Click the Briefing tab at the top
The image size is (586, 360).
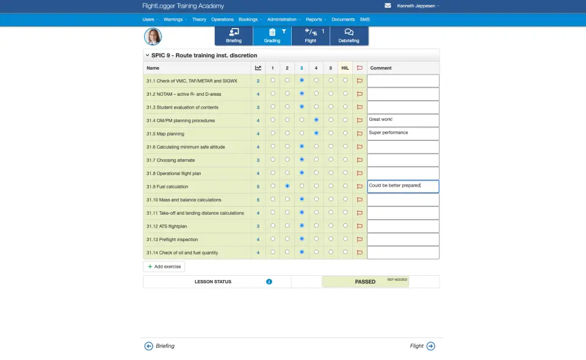[234, 35]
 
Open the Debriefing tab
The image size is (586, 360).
[349, 35]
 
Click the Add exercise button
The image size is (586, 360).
[164, 267]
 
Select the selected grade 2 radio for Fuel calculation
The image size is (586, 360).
[287, 186]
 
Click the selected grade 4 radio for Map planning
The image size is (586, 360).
[316, 133]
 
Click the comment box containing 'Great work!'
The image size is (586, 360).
[403, 120]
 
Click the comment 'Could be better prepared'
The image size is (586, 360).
[403, 186]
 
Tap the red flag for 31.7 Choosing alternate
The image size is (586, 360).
[360, 160]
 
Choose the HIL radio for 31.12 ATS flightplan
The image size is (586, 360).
[345, 226]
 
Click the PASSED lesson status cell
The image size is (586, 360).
[365, 282]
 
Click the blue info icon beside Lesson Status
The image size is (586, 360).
[269, 282]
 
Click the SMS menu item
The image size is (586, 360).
[364, 20]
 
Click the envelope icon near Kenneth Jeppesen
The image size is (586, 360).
[388, 5]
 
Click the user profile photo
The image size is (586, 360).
[153, 36]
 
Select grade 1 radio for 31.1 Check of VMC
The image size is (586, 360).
[272, 81]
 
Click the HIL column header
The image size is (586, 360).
[345, 68]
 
